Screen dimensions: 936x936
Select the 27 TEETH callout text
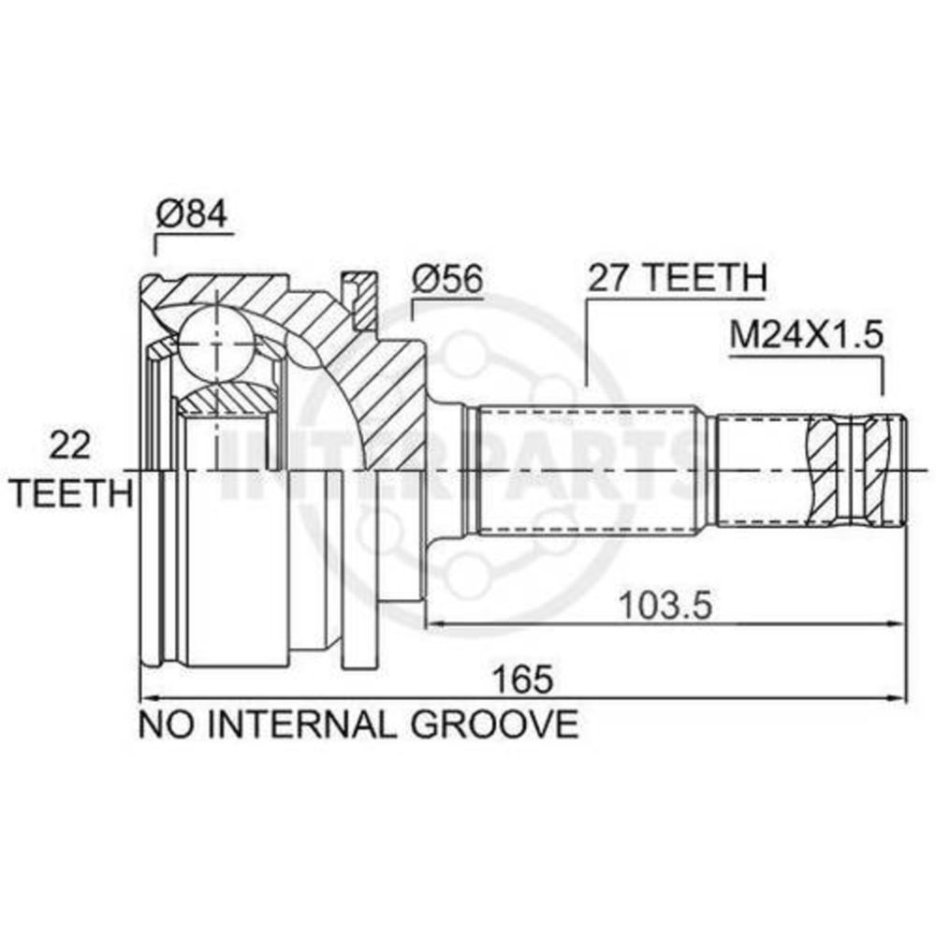pos(677,277)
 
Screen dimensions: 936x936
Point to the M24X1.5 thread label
pos(806,336)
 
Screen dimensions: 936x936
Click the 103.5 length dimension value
pos(665,606)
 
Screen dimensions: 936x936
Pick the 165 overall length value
pos(522,680)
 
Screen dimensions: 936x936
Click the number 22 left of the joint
pos(70,446)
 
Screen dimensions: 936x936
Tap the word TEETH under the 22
pos(72,493)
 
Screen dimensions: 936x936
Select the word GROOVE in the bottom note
pos(493,724)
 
